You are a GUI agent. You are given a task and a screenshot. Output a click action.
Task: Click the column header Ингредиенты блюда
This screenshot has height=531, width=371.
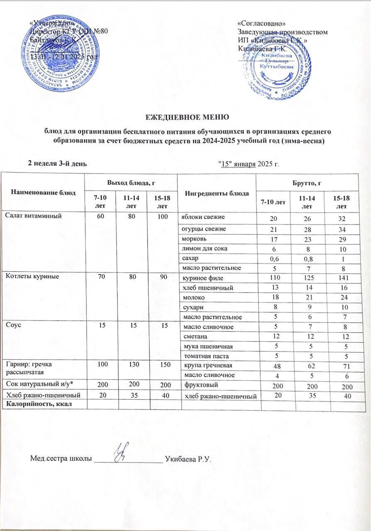point(216,193)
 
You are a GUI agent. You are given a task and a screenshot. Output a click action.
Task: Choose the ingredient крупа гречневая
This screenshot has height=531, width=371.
point(203,365)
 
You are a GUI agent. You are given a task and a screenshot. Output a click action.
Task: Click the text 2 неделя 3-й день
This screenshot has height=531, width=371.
point(57,163)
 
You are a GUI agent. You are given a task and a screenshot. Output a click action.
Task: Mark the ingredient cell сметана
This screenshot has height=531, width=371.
point(194,336)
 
